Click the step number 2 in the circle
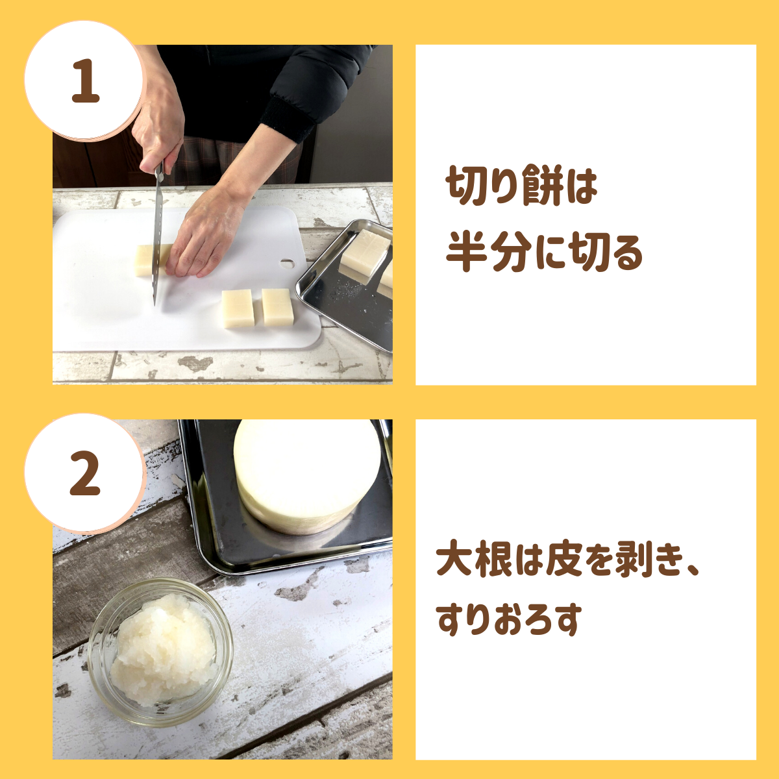pos(85,473)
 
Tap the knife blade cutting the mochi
pos(158,243)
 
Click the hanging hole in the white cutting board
pos(288,263)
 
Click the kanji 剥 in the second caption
pos(633,562)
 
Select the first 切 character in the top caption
pos(465,186)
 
